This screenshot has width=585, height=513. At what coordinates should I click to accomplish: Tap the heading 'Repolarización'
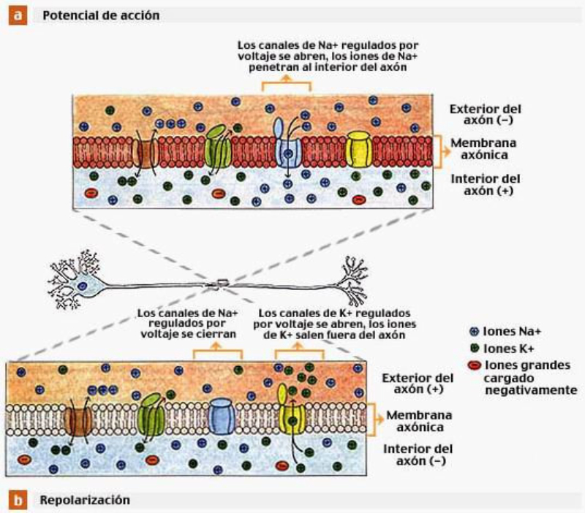(x=86, y=501)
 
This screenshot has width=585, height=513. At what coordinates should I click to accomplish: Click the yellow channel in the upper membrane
(x=358, y=149)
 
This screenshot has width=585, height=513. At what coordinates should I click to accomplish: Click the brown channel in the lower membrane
(x=78, y=419)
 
